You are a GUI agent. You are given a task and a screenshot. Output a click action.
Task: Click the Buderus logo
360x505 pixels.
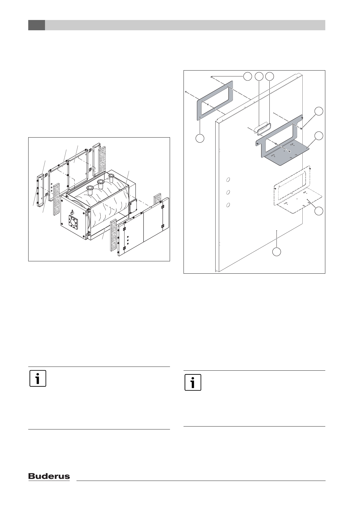tap(49, 476)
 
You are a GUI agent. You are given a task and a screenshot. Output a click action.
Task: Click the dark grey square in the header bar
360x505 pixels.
tap(36, 25)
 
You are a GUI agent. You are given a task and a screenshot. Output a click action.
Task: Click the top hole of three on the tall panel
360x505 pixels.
tap(228, 179)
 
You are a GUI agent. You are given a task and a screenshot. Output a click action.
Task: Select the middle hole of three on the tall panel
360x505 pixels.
tap(228, 192)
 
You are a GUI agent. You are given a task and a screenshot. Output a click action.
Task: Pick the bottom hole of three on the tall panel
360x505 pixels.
tap(228, 205)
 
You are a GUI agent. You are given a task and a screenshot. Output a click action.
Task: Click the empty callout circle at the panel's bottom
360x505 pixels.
tap(276, 252)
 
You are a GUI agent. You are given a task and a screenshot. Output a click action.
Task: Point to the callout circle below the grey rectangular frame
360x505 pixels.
tap(200, 138)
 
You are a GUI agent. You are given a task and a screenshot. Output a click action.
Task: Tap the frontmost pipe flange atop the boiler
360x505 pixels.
tap(89, 189)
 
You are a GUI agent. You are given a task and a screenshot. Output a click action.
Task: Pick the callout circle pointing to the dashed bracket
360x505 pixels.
tap(319, 211)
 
